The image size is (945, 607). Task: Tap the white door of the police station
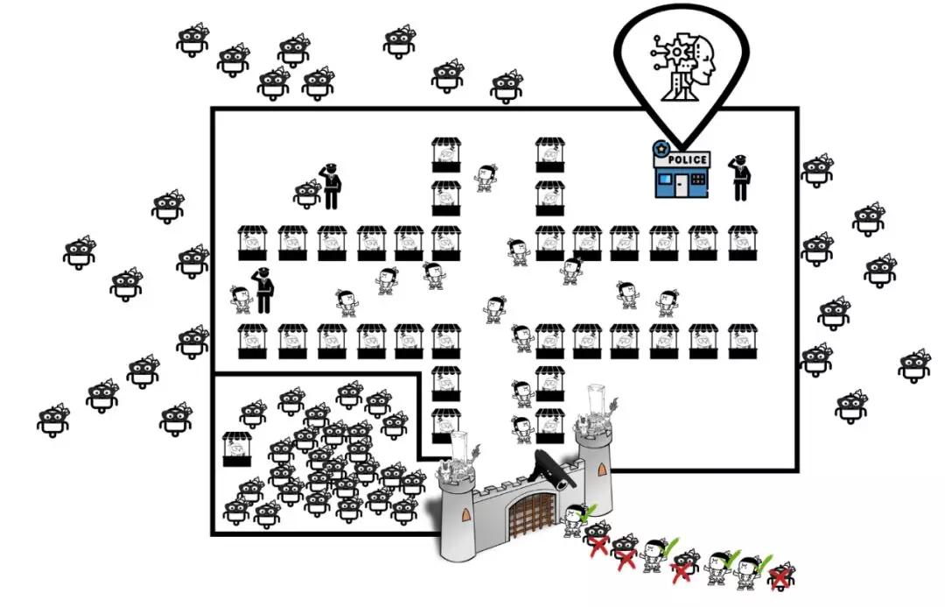point(675,183)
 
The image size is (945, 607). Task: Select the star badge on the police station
point(661,149)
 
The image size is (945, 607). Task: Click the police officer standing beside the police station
point(740,177)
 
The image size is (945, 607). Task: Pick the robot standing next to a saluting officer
point(307,193)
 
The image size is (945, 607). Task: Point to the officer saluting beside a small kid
point(263,290)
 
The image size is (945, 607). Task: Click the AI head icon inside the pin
point(682,67)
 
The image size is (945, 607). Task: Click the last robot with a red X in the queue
point(780,575)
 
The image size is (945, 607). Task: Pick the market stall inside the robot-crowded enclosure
point(237,448)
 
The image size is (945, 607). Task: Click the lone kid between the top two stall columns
point(486,177)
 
